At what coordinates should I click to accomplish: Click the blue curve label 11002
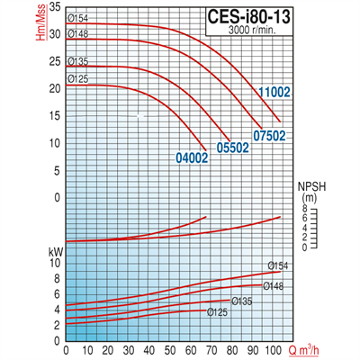click(x=275, y=92)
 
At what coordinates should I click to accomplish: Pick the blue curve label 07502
click(x=269, y=135)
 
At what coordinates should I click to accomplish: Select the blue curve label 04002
click(x=191, y=157)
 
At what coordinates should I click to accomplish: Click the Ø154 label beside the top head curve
click(x=78, y=18)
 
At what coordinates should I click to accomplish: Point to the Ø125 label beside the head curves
click(x=78, y=79)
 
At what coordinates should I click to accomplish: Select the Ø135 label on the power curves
click(x=241, y=301)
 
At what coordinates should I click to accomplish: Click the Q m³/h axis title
click(x=309, y=349)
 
